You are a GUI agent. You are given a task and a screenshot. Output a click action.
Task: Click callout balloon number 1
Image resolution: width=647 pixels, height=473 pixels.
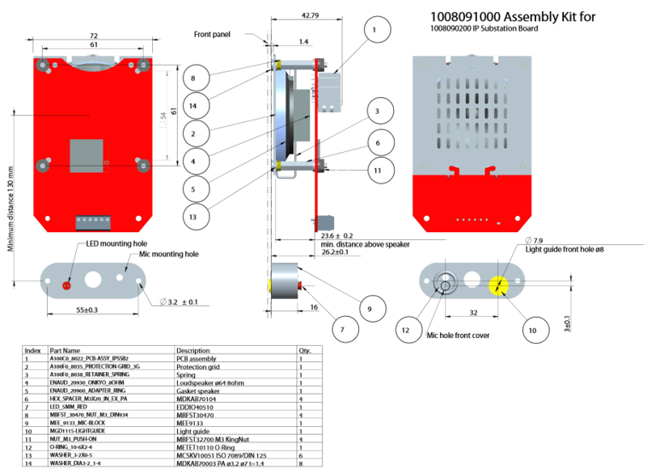(373, 31)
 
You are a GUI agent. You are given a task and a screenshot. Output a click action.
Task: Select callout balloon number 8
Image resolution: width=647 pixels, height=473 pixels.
(193, 78)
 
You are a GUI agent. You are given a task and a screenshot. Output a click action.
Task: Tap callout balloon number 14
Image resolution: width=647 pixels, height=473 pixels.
(193, 105)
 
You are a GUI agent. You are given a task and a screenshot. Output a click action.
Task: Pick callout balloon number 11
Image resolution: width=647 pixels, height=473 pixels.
(377, 171)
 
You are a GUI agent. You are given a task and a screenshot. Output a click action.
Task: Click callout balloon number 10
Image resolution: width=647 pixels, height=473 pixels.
(532, 330)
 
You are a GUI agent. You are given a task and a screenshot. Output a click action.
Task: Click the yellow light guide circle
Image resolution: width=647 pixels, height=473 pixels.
(499, 284)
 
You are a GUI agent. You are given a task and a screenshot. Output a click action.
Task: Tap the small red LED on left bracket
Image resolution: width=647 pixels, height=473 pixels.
(66, 285)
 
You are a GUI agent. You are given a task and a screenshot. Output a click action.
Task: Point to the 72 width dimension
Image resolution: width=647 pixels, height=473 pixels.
(94, 36)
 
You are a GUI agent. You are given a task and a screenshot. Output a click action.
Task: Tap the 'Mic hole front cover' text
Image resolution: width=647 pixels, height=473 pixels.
(459, 334)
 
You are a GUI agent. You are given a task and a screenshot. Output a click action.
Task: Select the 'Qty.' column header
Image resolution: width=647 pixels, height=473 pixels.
(305, 350)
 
